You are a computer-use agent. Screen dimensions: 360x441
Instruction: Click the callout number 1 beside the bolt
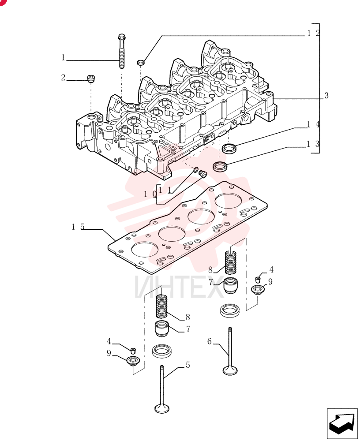pos(64,58)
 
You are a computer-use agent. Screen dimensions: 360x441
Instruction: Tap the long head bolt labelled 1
pos(122,51)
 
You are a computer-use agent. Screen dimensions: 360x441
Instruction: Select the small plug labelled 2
pos(90,79)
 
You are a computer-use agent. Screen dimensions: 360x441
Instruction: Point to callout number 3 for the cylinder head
pos(326,96)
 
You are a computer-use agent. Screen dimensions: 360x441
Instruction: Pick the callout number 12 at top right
pos(314,33)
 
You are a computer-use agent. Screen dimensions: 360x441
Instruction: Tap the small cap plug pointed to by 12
pos(140,62)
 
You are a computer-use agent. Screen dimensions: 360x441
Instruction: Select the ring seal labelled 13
pos(219,167)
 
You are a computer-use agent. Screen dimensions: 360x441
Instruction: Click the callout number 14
pos(314,124)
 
